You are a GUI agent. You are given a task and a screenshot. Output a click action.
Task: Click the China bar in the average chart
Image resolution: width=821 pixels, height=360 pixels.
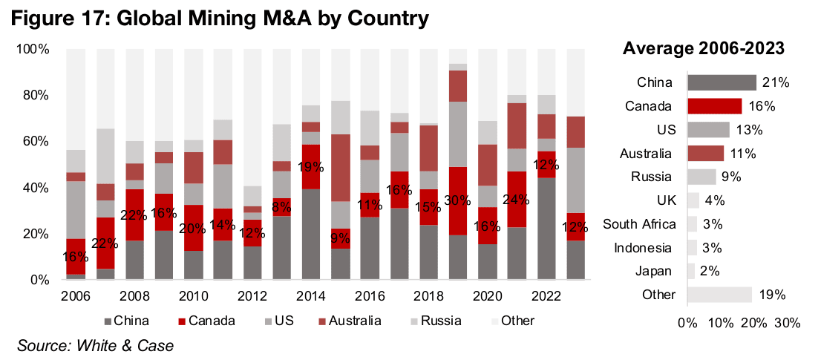tap(722, 82)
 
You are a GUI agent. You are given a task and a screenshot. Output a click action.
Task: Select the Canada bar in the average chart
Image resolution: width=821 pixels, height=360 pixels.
tap(714, 106)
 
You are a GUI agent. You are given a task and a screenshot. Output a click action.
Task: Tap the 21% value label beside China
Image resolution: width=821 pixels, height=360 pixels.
tap(774, 82)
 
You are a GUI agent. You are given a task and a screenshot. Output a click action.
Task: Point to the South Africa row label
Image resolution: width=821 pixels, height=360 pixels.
tap(639, 224)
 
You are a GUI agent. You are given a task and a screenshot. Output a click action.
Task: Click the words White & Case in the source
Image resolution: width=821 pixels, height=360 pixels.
tap(131, 345)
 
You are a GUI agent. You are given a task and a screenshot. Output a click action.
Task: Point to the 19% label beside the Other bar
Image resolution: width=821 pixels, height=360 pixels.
tap(772, 295)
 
